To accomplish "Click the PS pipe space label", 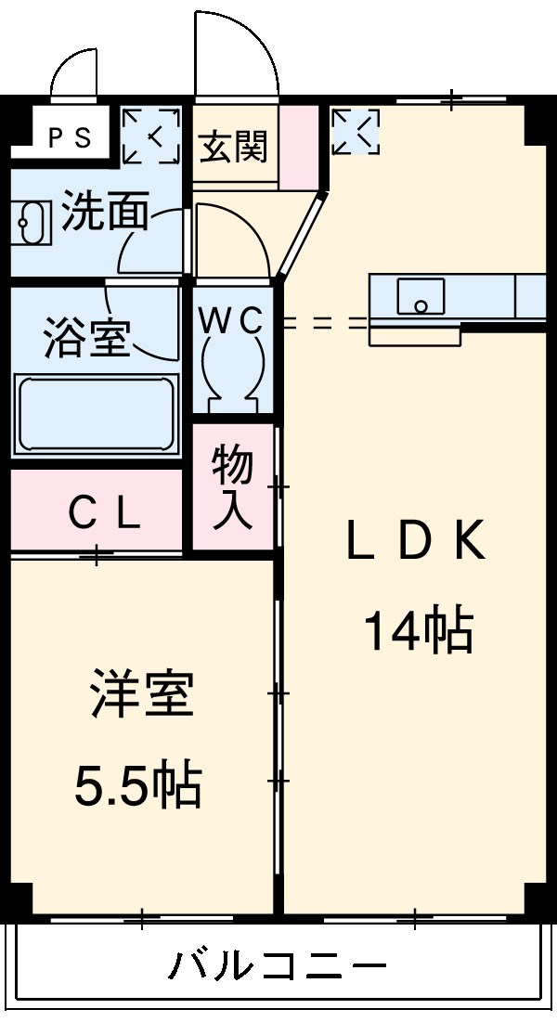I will point(70,138).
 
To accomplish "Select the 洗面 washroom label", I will point(105,213).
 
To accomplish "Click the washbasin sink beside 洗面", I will point(32,221).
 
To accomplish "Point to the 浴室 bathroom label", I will point(85,339).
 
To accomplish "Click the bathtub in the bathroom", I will point(97,413).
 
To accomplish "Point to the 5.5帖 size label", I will point(138,785).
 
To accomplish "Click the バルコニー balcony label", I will point(277,968).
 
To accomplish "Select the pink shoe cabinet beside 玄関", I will point(299,147).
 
